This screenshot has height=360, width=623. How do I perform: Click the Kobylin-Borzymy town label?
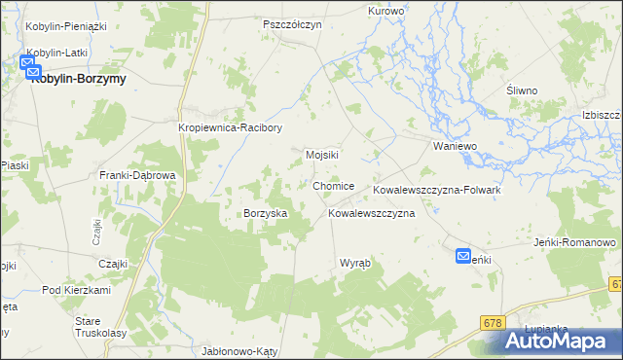(x=79, y=79)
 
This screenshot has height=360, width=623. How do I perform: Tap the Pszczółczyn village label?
(x=292, y=24)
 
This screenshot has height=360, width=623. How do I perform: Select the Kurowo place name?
(x=386, y=11)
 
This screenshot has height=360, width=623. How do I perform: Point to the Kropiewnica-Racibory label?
(x=230, y=127)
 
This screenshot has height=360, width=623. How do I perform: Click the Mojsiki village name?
(x=321, y=155)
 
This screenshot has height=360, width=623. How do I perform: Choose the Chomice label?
(x=334, y=186)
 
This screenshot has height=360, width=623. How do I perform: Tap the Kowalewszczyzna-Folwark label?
(x=436, y=190)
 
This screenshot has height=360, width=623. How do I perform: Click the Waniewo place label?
(x=454, y=146)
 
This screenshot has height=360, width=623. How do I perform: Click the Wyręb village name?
(x=355, y=264)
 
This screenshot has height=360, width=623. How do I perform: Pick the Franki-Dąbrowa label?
(x=137, y=175)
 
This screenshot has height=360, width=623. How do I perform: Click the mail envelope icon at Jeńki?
(x=465, y=257)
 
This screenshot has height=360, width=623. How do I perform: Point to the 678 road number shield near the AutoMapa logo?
(x=495, y=321)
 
